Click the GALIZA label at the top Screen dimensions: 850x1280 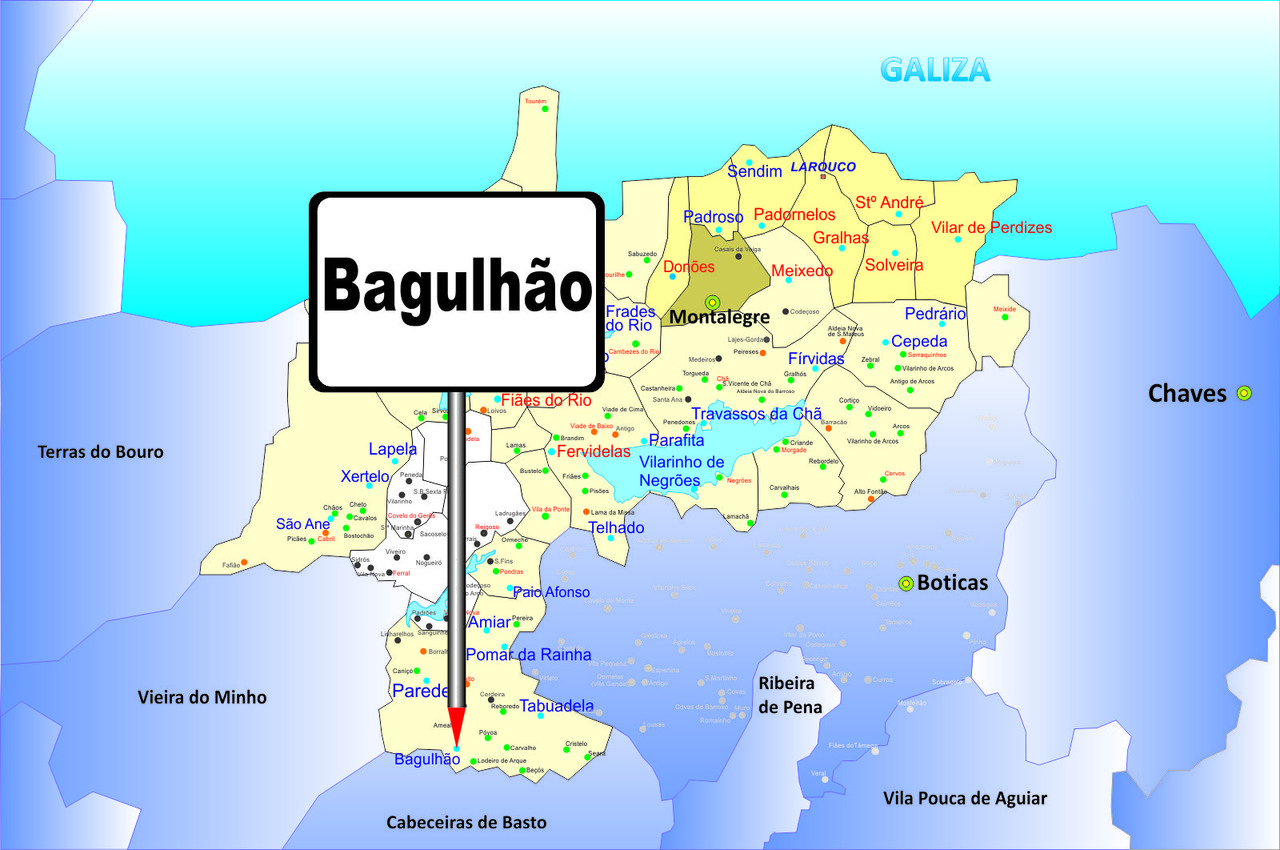click(935, 70)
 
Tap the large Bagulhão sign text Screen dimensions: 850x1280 click(459, 287)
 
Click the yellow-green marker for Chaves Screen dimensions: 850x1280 click(1244, 393)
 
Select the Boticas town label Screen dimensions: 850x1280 click(952, 583)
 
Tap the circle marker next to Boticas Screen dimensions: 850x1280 click(906, 584)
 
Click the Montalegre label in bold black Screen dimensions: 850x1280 click(719, 317)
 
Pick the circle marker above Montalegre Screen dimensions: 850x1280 click(712, 302)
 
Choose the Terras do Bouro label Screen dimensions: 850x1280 click(100, 452)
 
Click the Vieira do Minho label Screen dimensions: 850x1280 click(202, 697)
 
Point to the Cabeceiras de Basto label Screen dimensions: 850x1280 click(467, 822)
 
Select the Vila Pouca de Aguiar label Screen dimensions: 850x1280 click(965, 798)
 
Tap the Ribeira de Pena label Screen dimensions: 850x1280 click(790, 695)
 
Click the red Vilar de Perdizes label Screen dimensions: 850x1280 click(991, 228)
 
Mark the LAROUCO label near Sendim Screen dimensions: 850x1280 click(823, 166)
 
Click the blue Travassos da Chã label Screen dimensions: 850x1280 click(756, 414)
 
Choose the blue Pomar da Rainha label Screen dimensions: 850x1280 click(528, 655)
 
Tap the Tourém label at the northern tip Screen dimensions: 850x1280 click(535, 101)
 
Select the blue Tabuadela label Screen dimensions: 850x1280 click(556, 706)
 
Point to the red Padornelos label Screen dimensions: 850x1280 click(794, 215)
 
